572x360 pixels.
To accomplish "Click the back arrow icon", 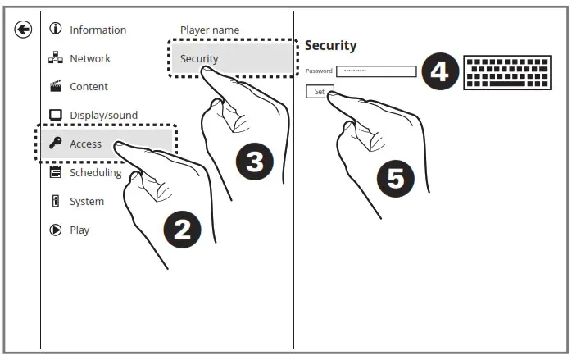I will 23,30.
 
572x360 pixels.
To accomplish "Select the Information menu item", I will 98,30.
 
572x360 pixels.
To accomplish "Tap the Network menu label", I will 89,58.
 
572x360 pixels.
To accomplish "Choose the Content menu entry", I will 89,86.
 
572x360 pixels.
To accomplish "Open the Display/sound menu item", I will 103,115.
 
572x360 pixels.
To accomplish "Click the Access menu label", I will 85,144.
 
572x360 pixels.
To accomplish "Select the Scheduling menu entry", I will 95,172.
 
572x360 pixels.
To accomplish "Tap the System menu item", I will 86,201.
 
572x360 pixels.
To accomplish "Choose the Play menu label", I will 79,230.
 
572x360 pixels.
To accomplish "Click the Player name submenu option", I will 210,30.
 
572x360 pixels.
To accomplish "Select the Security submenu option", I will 198,58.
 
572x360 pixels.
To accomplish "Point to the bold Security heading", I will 330,45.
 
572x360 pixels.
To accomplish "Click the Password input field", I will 376,71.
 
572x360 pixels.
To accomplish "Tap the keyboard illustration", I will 495,72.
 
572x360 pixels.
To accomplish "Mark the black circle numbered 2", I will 182,229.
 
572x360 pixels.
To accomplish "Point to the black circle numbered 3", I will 255,162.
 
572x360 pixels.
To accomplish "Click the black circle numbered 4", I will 439,72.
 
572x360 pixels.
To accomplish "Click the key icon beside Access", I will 56,144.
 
